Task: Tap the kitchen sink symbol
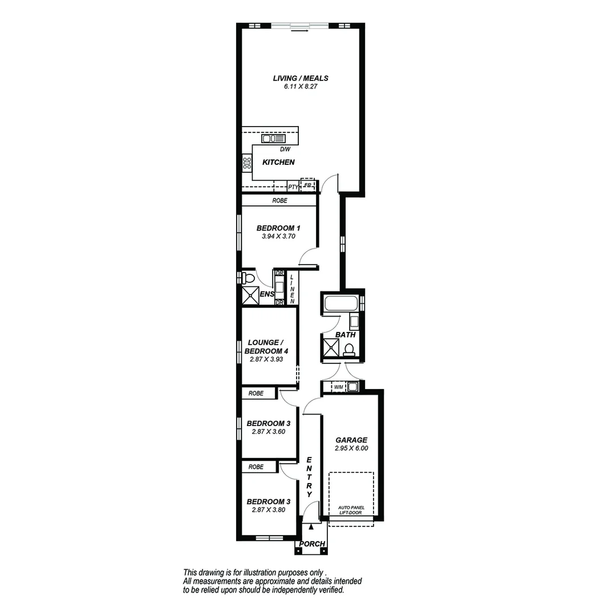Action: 273,139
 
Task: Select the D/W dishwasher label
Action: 285,149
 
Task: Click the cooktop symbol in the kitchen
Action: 247,164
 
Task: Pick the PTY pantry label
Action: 293,187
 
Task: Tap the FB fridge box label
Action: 307,185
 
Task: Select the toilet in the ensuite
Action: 247,278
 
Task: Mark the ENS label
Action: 267,294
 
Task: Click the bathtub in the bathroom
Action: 341,303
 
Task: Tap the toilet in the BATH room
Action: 349,349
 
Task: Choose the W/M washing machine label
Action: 338,388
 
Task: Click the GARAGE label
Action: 351,440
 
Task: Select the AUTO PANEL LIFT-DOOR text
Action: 351,510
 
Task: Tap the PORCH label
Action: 312,544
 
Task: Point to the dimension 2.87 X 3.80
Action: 268,510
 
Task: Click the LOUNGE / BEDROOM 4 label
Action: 266,347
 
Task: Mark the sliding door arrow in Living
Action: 299,31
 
